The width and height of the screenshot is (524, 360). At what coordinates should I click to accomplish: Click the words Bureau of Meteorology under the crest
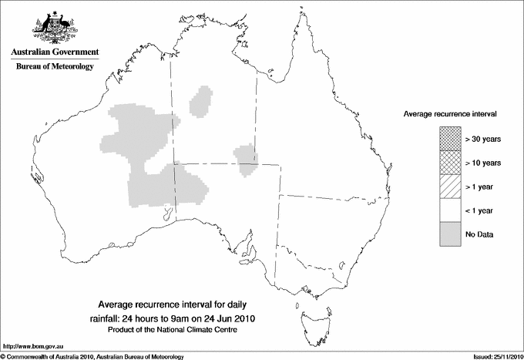[x=54, y=67]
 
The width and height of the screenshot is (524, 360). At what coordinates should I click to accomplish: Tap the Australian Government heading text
[x=54, y=52]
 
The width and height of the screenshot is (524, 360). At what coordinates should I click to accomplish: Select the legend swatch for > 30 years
[x=449, y=138]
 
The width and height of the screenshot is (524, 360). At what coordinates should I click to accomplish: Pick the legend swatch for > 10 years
[x=449, y=162]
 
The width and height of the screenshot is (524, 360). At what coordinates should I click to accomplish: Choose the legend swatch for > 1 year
[x=449, y=186]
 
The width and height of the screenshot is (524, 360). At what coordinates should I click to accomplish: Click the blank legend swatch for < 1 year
[x=449, y=210]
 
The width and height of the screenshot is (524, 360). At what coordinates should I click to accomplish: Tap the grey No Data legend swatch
[x=449, y=234]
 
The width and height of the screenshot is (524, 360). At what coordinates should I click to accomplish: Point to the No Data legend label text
[x=479, y=234]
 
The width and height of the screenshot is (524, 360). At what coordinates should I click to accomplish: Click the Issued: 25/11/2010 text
[x=492, y=355]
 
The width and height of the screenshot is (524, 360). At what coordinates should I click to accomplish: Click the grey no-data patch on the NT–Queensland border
[x=247, y=157]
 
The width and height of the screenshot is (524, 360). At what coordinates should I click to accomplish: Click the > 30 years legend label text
[x=483, y=139]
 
